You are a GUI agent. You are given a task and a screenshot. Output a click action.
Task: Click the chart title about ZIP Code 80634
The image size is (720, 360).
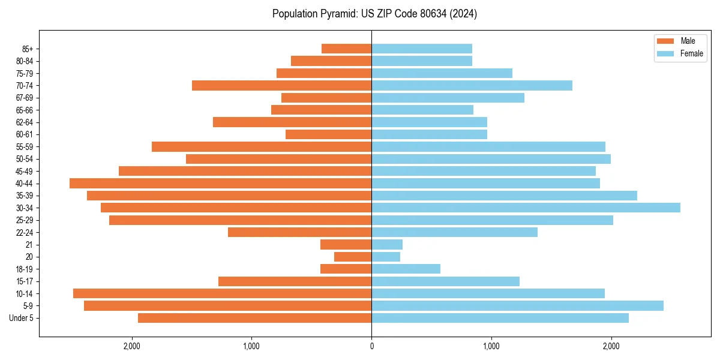pyautogui.click(x=374, y=14)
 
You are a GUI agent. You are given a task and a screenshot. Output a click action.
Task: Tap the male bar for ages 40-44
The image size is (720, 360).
pyautogui.click(x=220, y=184)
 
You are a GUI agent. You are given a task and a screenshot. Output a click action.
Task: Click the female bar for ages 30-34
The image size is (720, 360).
pyautogui.click(x=526, y=208)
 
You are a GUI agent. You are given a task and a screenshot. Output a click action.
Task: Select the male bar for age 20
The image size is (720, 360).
pyautogui.click(x=353, y=257)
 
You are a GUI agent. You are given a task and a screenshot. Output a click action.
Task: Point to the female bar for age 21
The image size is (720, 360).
pyautogui.click(x=387, y=245)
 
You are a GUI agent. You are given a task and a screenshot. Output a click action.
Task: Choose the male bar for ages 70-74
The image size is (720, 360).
pyautogui.click(x=281, y=86)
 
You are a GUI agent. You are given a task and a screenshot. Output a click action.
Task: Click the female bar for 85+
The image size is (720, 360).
pyautogui.click(x=422, y=49)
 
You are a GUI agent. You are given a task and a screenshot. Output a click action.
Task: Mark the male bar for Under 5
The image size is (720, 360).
pyautogui.click(x=254, y=318)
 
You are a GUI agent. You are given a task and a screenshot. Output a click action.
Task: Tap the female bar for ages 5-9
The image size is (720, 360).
pyautogui.click(x=517, y=306)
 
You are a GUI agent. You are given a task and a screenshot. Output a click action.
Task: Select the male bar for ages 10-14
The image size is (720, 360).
pyautogui.click(x=222, y=293)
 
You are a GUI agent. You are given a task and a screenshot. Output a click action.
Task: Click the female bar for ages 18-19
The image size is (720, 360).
pyautogui.click(x=406, y=269)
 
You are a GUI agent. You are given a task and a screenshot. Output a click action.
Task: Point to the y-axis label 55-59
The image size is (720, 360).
pyautogui.click(x=23, y=147)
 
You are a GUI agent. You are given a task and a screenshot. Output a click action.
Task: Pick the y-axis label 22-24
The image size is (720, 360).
pyautogui.click(x=23, y=233)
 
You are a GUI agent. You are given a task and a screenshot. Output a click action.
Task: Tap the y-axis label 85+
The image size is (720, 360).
pyautogui.click(x=26, y=49)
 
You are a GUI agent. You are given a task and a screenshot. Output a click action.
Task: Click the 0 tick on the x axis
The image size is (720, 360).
pyautogui.click(x=371, y=346)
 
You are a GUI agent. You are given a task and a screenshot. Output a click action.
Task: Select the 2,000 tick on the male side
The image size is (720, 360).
pyautogui.click(x=131, y=346)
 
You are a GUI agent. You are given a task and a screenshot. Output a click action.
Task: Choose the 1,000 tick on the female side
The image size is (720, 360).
pyautogui.click(x=491, y=346)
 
